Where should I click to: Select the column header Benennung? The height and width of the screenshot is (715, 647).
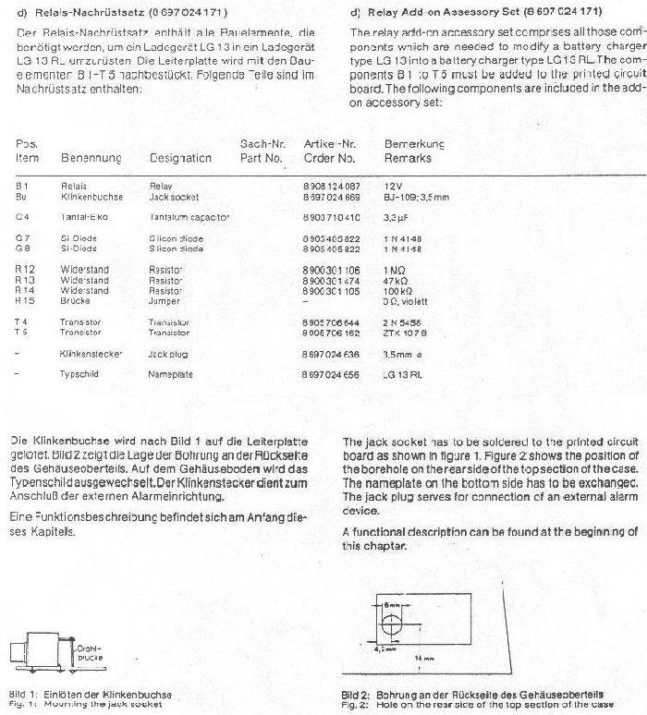click(92, 158)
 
